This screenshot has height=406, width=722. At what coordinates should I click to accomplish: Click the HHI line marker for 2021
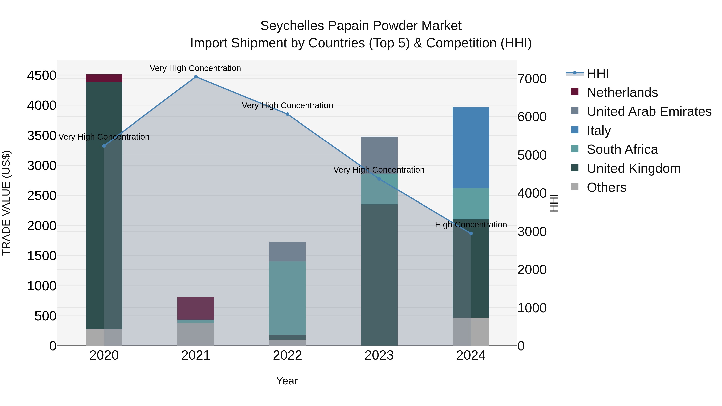tap(196, 77)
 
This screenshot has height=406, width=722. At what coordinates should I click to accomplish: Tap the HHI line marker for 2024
tap(471, 233)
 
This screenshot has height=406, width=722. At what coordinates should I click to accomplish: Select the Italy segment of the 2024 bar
tap(471, 148)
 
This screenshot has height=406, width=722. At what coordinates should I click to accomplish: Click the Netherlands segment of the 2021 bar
tap(196, 308)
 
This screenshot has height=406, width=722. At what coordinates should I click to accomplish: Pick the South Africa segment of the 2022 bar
tap(287, 298)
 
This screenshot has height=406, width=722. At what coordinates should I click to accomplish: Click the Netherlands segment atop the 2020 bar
tap(104, 78)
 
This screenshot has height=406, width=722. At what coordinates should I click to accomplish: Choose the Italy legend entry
tap(599, 130)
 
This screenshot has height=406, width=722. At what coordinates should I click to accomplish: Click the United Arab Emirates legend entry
tap(649, 111)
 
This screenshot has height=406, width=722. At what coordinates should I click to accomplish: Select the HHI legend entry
tap(598, 73)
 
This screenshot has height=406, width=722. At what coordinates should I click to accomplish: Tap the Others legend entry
tap(606, 187)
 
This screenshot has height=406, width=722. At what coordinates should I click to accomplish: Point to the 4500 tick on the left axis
tap(42, 75)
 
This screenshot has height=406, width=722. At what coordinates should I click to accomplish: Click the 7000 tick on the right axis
tap(532, 79)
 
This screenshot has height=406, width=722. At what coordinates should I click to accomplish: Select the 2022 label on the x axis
tap(287, 355)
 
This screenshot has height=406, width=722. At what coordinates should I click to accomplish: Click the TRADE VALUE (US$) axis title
tap(6, 203)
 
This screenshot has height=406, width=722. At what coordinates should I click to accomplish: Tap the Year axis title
tap(287, 381)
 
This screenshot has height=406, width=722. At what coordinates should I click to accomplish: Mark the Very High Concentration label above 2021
tap(195, 68)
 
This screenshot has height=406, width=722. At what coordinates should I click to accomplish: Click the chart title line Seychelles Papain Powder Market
tap(361, 26)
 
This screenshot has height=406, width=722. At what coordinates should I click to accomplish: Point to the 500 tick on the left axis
tap(45, 316)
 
